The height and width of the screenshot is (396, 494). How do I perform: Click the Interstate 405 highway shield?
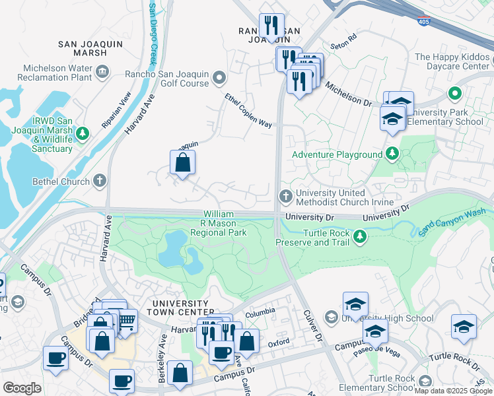[423, 21]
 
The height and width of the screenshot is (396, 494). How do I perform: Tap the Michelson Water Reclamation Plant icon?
[102, 71]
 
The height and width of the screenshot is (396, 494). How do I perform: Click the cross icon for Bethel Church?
[99, 180]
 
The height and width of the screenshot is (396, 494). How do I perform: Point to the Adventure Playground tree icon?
[392, 154]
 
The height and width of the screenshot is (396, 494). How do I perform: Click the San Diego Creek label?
[152, 33]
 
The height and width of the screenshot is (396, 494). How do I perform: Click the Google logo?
[22, 388]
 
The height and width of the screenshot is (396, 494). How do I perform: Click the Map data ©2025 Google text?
[452, 391]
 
